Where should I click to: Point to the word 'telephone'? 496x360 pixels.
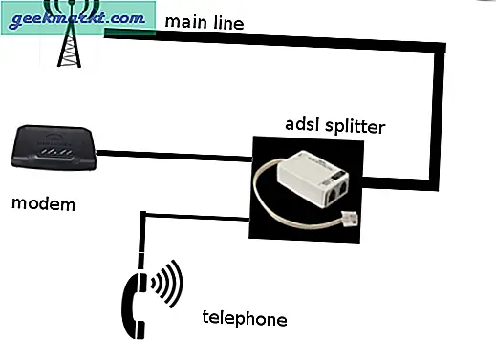click(244, 318)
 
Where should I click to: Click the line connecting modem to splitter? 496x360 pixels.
click(173, 152)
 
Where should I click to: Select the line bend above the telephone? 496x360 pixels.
click(142, 213)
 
